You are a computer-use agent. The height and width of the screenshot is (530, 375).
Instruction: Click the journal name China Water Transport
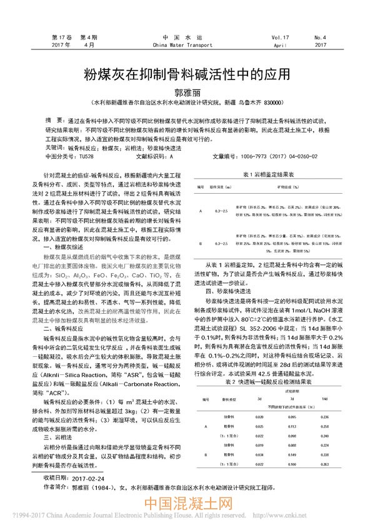pyautogui.click(x=187, y=46)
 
